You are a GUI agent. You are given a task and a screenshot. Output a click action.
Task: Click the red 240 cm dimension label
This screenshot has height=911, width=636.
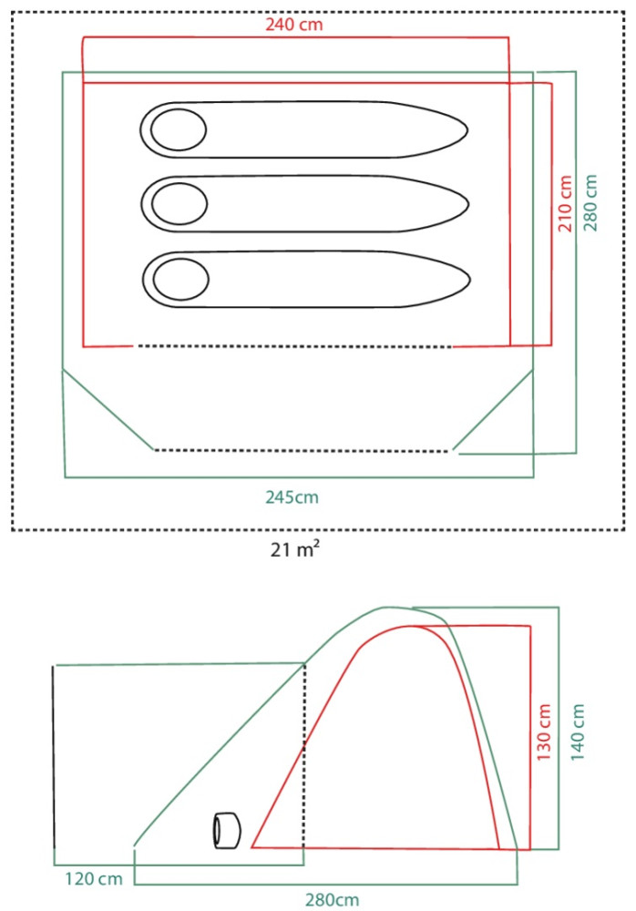click(293, 25)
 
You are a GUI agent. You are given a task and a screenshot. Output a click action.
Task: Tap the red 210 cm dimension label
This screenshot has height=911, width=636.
click(565, 203)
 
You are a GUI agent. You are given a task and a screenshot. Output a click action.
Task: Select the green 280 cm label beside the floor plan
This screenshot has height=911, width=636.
click(590, 202)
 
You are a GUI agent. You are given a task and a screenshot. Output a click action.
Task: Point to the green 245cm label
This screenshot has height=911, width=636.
click(292, 497)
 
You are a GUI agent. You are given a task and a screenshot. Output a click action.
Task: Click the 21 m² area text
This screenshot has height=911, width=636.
click(294, 549)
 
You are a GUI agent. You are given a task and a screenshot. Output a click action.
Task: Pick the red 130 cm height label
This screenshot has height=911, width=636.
click(544, 732)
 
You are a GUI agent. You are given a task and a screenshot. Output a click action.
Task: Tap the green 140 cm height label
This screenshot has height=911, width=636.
click(578, 732)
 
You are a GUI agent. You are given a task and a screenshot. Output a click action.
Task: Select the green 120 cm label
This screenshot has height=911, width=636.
click(94, 878)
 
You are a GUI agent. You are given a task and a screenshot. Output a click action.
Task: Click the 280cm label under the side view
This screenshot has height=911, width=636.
click(333, 900)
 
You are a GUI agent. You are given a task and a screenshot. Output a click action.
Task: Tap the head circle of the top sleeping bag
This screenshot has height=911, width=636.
click(179, 129)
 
